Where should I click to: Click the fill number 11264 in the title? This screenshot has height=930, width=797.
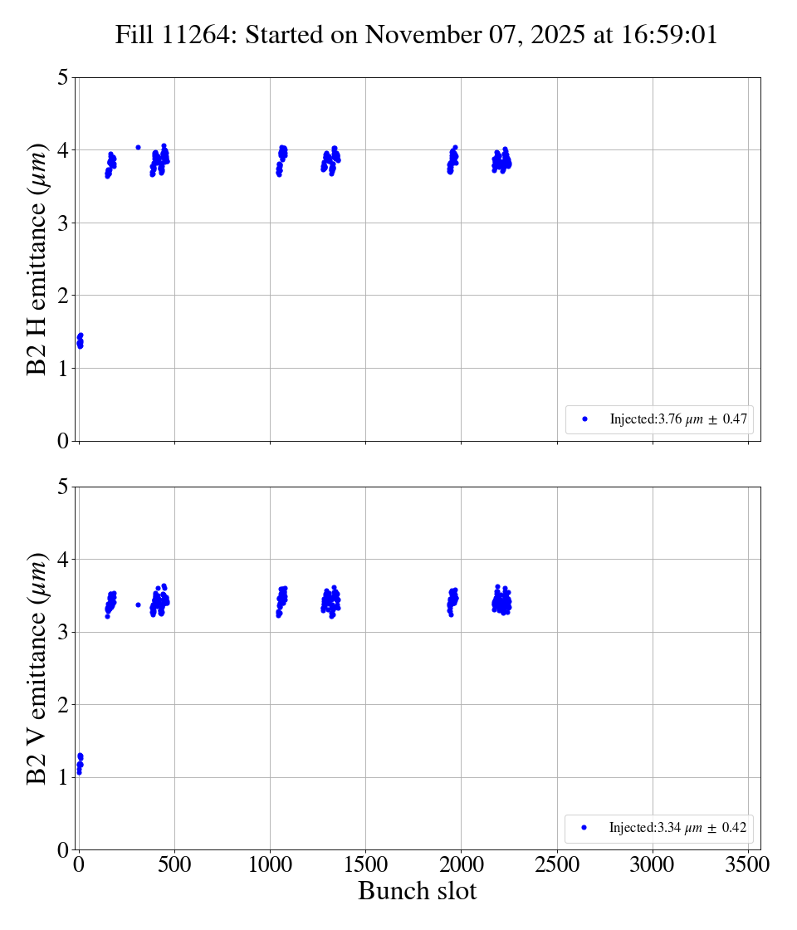coord(198,36)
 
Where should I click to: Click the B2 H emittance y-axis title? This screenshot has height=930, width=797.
coord(38,259)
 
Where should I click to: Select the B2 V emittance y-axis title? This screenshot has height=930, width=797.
coord(38,668)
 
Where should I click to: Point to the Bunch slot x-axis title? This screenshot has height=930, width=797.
coord(417,891)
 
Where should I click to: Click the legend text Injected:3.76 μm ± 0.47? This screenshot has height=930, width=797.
coord(679,419)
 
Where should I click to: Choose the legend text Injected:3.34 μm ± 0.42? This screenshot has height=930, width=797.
coord(678,828)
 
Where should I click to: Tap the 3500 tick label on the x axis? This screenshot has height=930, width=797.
coord(748,864)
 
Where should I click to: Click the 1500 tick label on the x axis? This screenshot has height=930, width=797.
coord(365,864)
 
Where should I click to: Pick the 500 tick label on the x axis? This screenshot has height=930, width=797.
coord(174,864)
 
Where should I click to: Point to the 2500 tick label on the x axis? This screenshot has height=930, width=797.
coord(557,864)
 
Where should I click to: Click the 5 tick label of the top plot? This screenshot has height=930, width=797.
coord(63,78)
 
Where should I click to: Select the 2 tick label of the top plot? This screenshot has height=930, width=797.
coord(63,296)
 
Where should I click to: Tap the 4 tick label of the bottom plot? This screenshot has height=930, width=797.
coord(63,560)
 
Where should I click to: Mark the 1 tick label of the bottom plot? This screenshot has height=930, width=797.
coord(63,777)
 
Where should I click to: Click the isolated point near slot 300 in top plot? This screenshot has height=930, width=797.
coord(138,147)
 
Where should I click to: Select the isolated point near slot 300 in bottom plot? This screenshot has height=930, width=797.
coord(138,604)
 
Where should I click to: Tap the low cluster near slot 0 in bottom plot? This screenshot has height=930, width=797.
coord(80,762)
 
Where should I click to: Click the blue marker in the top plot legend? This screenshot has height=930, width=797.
coord(584,419)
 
